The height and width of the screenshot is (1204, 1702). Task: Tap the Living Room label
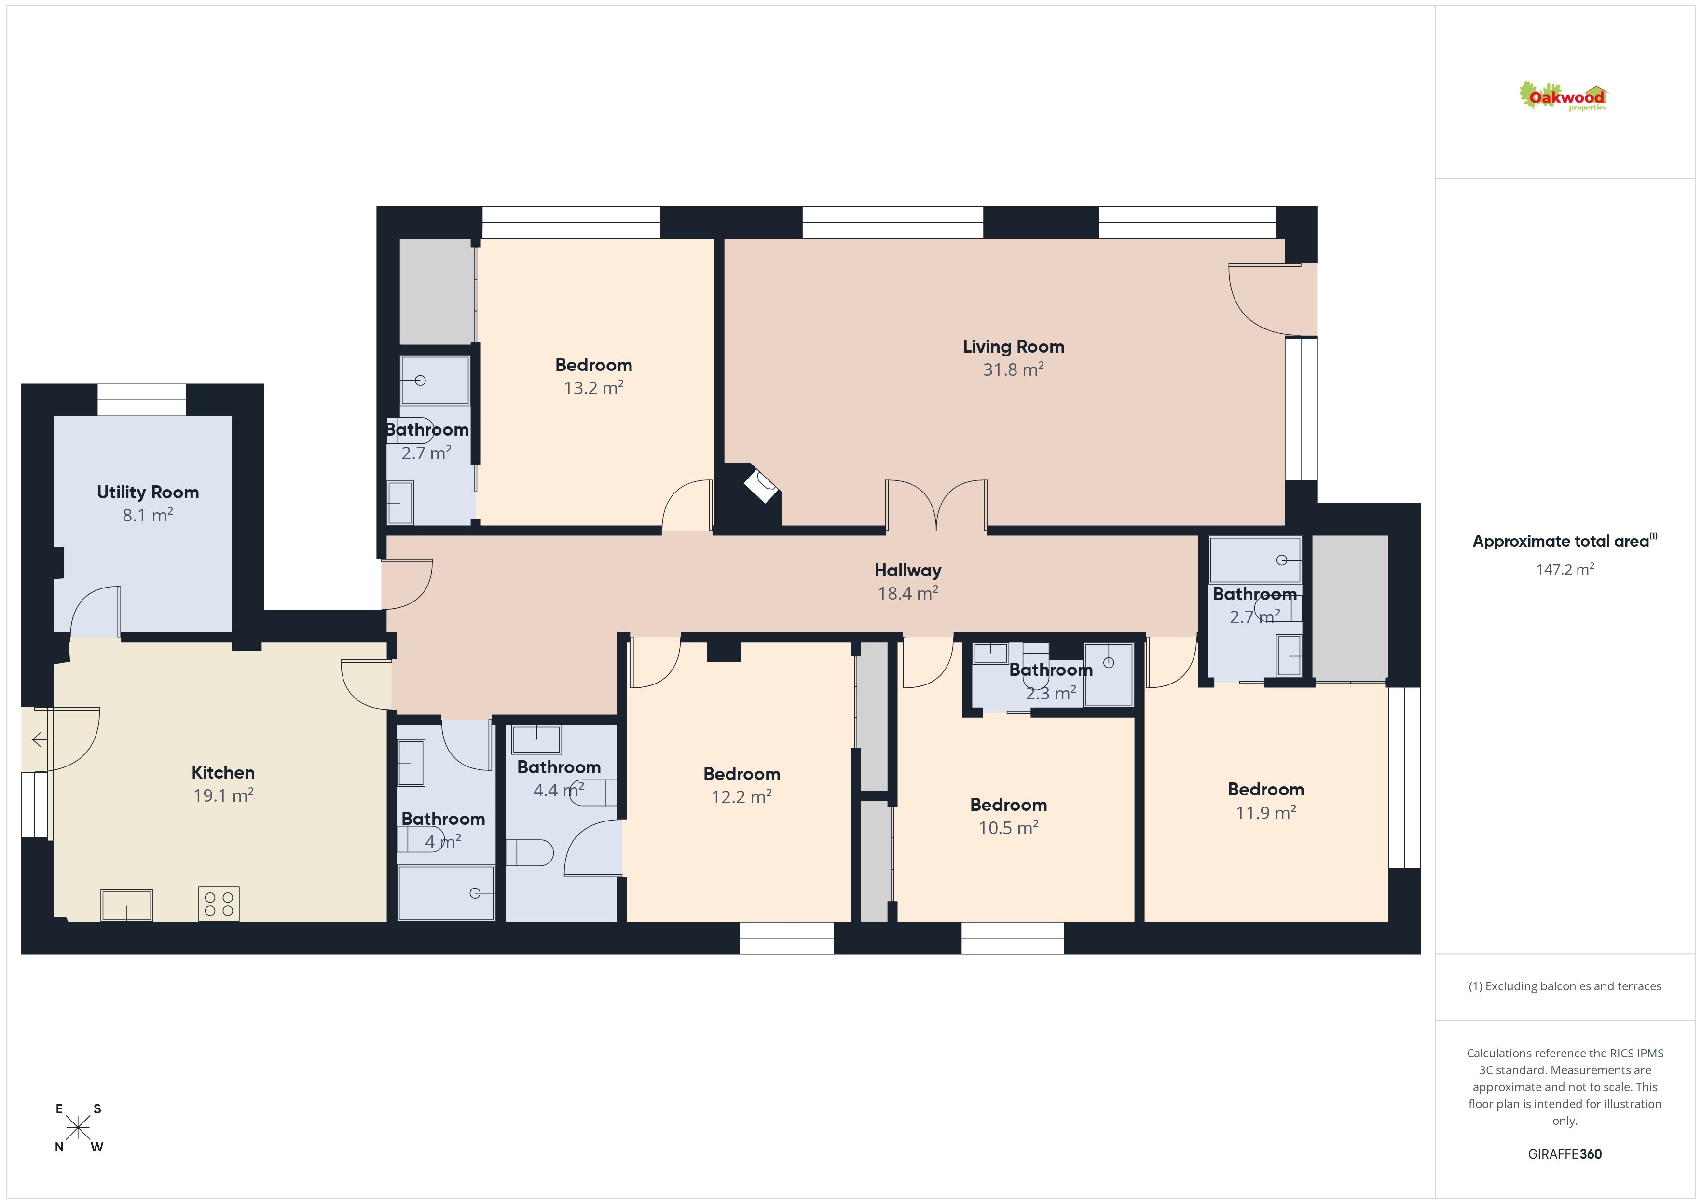tap(1014, 346)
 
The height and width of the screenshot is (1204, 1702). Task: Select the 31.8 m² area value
tap(1014, 369)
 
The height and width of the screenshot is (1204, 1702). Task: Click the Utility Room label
tap(148, 493)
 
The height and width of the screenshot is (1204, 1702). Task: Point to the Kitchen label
tap(223, 772)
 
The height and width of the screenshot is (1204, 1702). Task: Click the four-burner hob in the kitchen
tap(219, 904)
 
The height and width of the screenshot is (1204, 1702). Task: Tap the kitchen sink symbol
tap(127, 905)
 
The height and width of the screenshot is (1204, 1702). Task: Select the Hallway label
tap(908, 570)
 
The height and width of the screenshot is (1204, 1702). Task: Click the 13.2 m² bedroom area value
tap(594, 388)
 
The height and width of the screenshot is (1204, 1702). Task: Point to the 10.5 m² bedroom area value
tap(1008, 827)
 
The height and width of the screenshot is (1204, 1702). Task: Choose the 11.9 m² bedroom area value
tap(1266, 812)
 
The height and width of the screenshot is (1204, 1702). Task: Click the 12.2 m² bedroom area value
tap(742, 796)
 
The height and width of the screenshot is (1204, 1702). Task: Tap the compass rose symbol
tap(78, 1128)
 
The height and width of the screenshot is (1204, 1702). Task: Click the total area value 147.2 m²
tap(1565, 569)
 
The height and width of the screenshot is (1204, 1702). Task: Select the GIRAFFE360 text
tap(1565, 1154)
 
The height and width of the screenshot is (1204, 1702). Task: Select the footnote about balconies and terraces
tap(1565, 986)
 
